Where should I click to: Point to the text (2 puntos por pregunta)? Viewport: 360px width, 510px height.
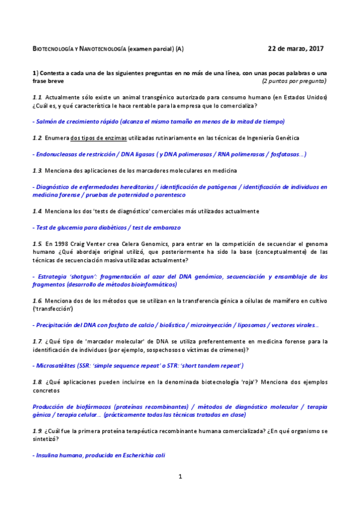[x=294, y=81]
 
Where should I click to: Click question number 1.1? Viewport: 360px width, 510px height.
[x=37, y=97]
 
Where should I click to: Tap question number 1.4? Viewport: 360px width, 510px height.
[x=37, y=212]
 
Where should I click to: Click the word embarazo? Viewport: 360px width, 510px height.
[x=163, y=228]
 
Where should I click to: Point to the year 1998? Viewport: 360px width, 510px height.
[x=63, y=244]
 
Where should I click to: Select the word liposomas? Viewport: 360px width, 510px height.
[x=249, y=325]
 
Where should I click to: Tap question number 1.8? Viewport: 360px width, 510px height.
[x=37, y=382]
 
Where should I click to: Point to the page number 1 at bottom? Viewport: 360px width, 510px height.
[x=180, y=477]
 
